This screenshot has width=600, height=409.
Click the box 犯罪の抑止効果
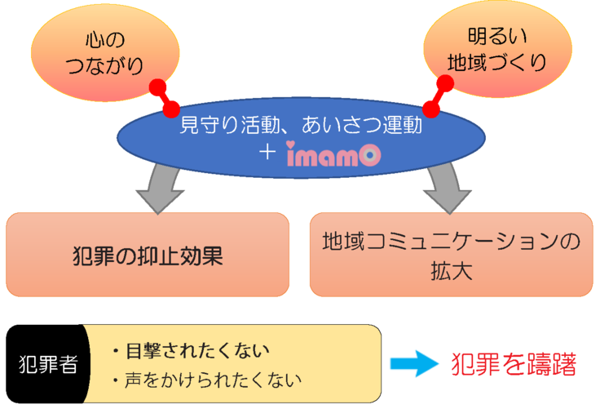[x=148, y=255]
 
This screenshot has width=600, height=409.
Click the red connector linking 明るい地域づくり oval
[x=438, y=96]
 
